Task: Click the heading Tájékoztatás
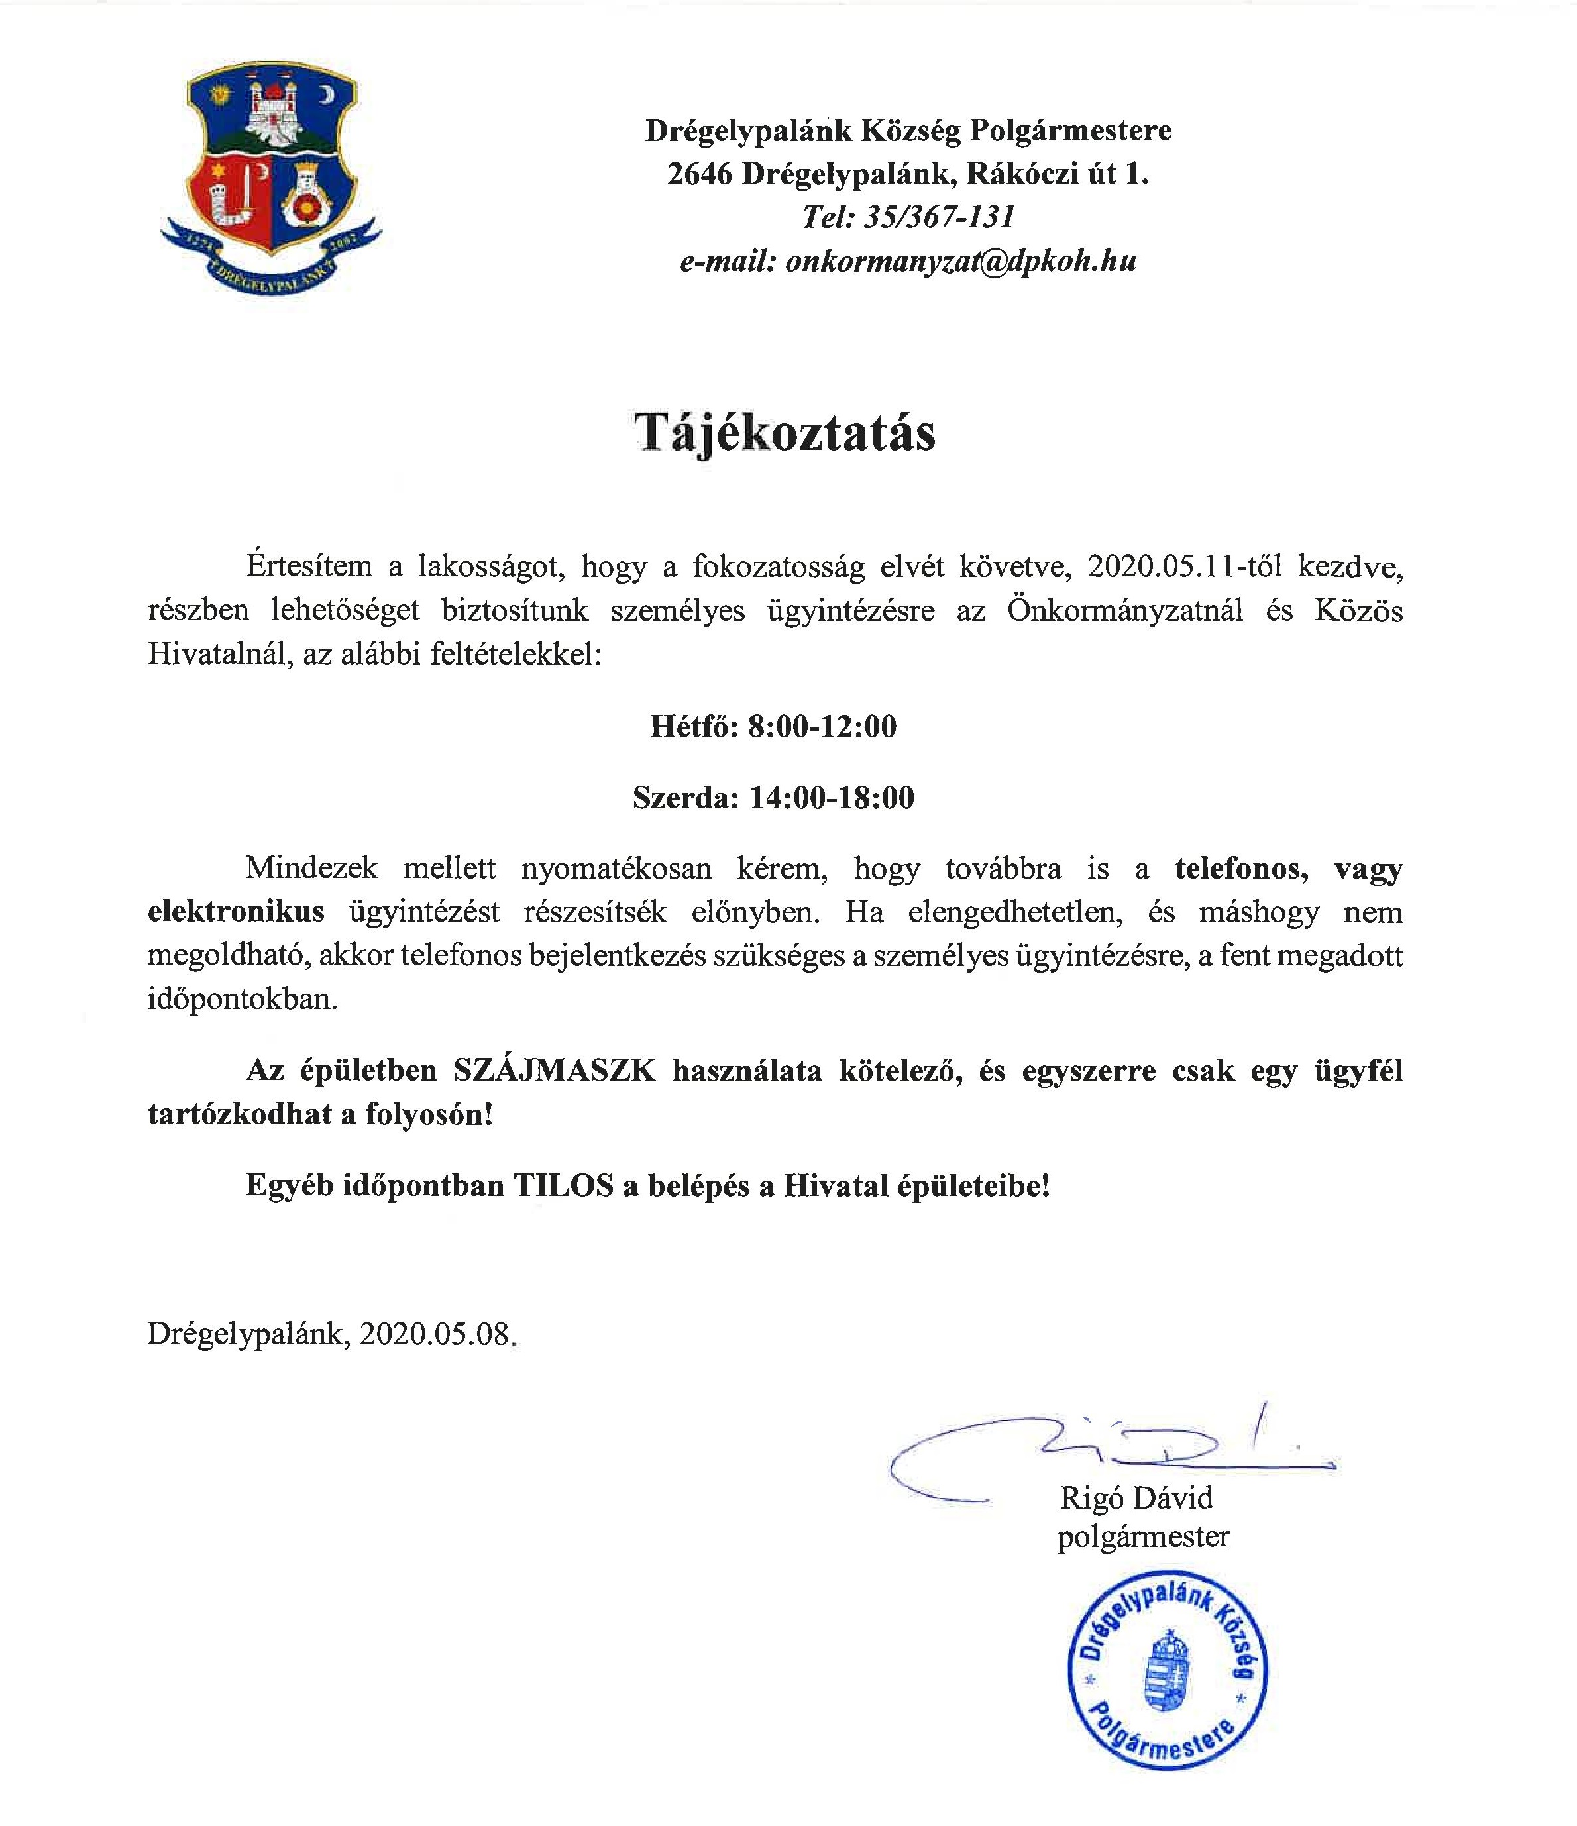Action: [x=785, y=433]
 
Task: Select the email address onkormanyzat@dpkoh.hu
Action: [x=961, y=261]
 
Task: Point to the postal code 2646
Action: [x=699, y=174]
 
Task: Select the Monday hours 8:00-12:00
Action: [x=822, y=726]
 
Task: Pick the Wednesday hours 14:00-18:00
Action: [x=832, y=798]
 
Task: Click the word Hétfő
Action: [x=692, y=726]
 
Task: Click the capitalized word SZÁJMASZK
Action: [x=555, y=1071]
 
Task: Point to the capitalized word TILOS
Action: [x=563, y=1185]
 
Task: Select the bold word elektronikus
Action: [x=237, y=911]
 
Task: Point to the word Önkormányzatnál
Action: [x=1125, y=610]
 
